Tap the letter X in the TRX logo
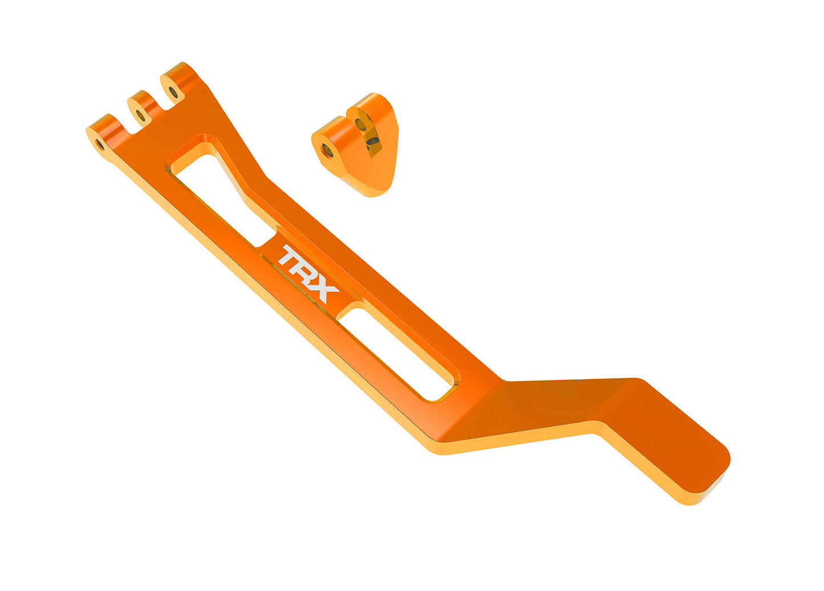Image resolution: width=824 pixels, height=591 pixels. (323, 290)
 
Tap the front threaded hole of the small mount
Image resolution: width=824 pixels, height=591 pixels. (327, 150)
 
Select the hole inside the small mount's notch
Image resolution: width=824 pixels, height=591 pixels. (361, 123)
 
